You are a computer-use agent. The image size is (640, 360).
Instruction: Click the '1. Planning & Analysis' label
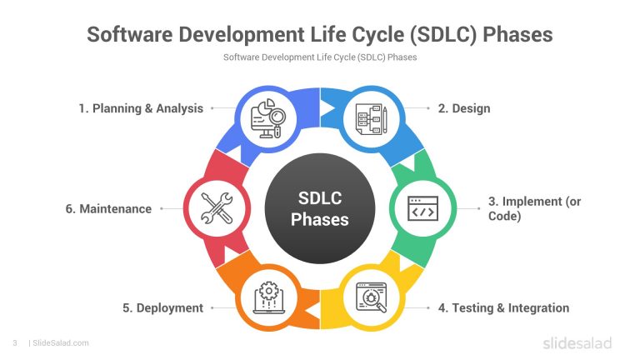point(141,108)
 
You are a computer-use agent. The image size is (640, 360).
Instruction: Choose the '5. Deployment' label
point(162,307)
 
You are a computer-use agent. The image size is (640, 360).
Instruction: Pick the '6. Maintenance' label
point(108,208)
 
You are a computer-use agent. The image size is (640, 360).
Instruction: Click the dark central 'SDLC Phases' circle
point(320,208)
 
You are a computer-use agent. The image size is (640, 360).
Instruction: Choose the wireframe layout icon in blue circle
point(372,118)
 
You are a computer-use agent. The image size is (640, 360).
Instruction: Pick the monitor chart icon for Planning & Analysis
point(268,118)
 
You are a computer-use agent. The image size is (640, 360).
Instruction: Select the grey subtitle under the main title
point(320,57)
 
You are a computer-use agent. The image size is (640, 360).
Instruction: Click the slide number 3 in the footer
point(15,342)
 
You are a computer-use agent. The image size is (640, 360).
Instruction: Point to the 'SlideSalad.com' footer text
point(60,342)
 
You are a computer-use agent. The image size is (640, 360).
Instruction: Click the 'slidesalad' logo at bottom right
point(577,342)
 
